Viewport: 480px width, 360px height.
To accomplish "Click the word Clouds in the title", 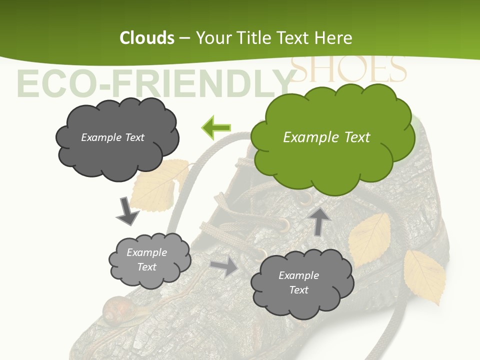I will (x=147, y=38).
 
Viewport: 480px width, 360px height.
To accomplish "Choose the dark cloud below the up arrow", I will (x=301, y=284).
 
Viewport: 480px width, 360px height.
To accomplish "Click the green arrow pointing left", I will (x=216, y=127).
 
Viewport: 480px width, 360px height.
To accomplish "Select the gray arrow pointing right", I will (x=224, y=266).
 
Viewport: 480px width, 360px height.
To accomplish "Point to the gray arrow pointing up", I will (x=320, y=221).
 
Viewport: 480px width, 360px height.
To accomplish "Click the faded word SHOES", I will (x=348, y=69).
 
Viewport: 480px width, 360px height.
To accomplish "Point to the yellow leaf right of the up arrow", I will (x=370, y=238).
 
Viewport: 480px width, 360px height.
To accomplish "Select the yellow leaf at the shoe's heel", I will (x=425, y=276).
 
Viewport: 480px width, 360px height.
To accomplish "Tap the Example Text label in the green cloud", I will (x=326, y=137).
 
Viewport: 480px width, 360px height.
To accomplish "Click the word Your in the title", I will (x=212, y=38).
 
